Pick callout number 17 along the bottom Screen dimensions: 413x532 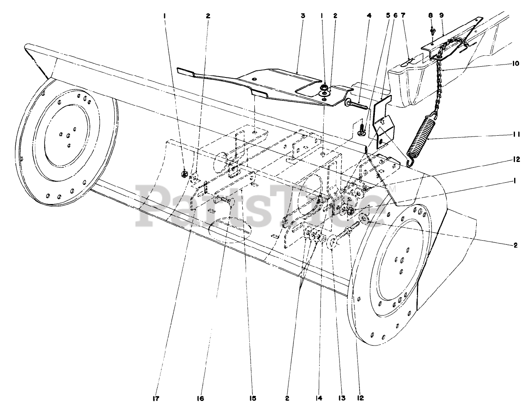167,398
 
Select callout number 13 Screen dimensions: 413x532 341,398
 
